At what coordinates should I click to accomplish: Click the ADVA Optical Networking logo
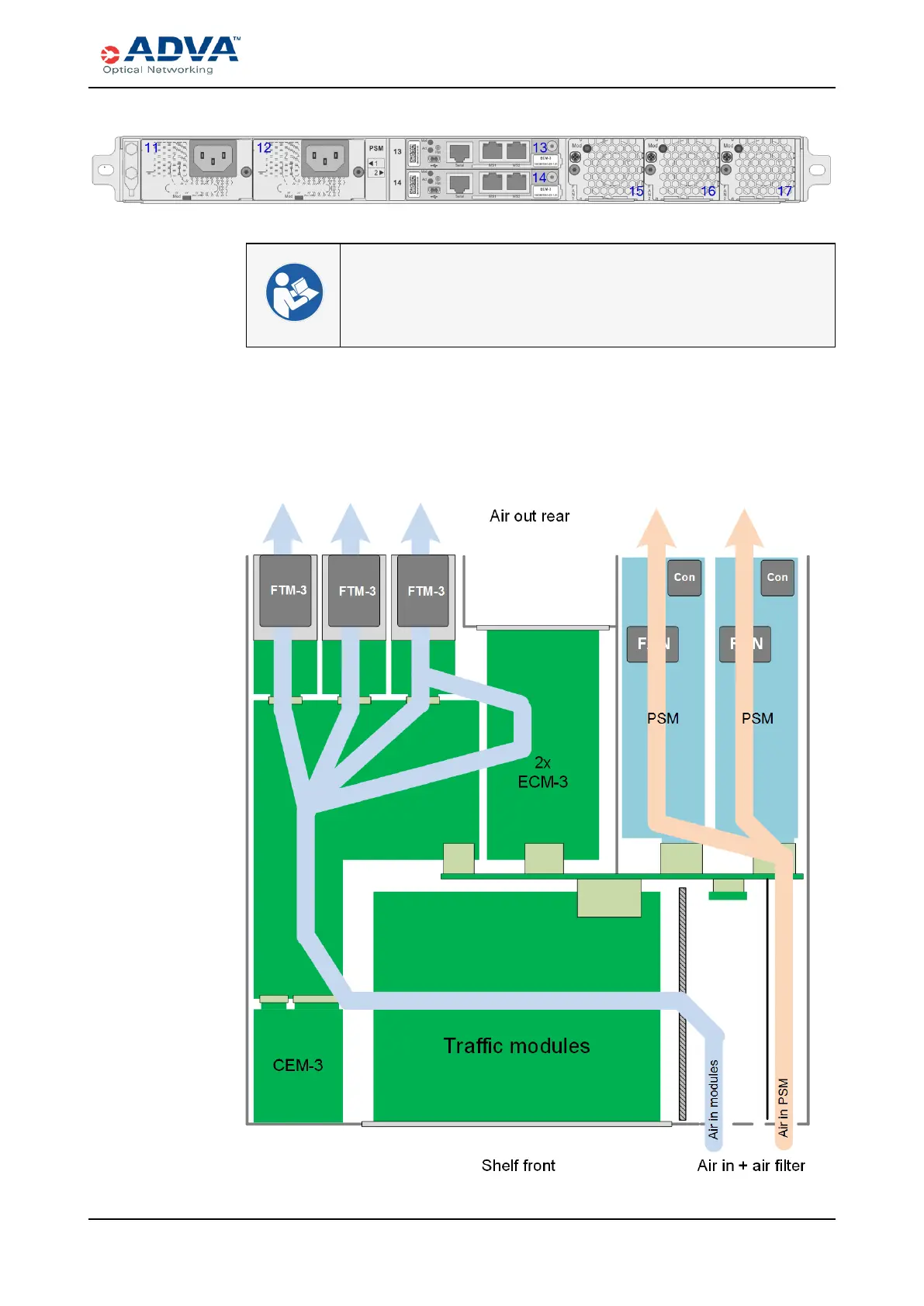point(171,55)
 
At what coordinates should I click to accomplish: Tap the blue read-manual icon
point(294,292)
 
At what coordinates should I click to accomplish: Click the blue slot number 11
point(151,147)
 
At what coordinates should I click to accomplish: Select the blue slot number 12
point(265,147)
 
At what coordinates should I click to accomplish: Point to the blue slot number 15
point(636,191)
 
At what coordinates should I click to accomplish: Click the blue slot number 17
point(785,191)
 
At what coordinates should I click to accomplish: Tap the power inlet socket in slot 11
point(213,158)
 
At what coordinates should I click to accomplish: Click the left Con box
point(684,578)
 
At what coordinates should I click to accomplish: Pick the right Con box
point(777,578)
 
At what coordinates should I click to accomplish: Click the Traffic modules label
point(517,1046)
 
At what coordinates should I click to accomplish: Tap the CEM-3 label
point(298,1066)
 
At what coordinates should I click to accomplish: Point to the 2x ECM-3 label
point(542,772)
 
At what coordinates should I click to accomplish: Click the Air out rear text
point(529,517)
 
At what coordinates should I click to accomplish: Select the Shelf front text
point(518,1166)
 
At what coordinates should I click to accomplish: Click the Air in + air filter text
point(751,1166)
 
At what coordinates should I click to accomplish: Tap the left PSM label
point(663,719)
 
